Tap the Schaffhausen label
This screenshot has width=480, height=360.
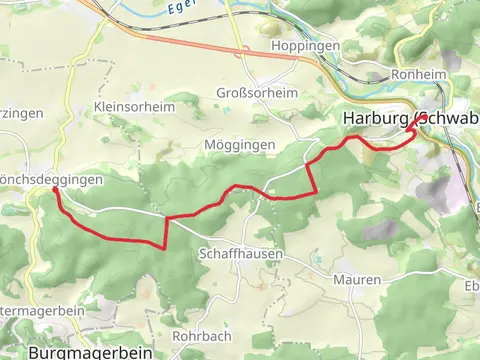(x=241, y=255)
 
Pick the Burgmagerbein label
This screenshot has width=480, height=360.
(x=89, y=352)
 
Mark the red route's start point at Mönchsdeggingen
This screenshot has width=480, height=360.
(x=55, y=188)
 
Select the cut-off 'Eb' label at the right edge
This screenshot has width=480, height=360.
(x=472, y=286)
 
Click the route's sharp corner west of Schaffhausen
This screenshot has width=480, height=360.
(x=165, y=247)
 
